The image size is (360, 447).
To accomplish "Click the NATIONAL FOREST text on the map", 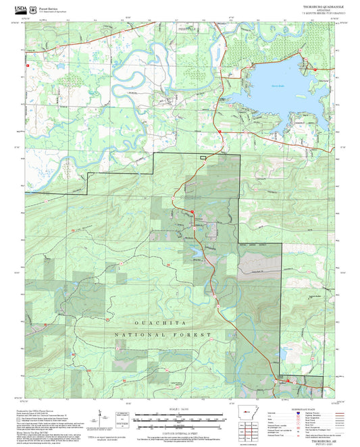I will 163,334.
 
